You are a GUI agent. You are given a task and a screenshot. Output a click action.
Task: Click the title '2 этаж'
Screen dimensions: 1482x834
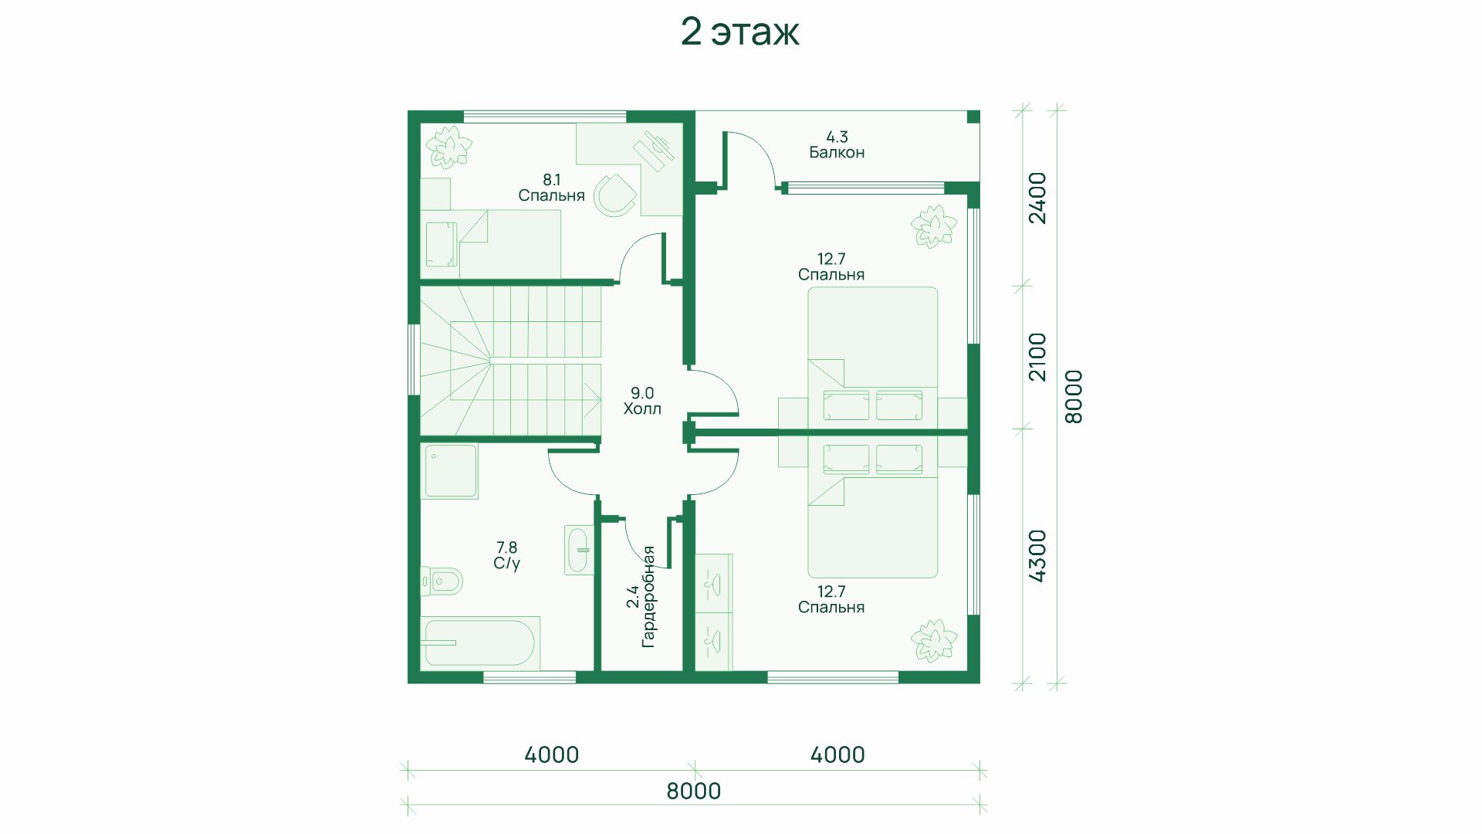point(739,32)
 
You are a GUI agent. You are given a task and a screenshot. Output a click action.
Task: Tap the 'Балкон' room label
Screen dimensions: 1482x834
point(837,152)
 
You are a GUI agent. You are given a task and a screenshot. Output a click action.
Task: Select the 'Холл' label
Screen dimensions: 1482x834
point(642,409)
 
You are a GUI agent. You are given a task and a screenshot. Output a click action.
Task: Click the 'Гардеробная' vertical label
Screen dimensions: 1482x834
point(648,596)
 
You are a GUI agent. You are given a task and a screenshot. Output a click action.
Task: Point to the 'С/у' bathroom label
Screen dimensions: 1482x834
point(506,563)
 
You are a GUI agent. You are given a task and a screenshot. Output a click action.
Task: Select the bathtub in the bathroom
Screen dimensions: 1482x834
point(479,642)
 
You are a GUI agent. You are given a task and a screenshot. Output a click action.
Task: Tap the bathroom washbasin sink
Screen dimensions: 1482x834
point(578,550)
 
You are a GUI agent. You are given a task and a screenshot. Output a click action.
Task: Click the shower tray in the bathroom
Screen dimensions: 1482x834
point(448,470)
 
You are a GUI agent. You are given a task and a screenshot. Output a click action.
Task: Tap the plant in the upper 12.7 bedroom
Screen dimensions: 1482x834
point(933,226)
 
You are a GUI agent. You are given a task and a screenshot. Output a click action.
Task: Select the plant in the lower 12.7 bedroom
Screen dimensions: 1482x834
point(933,640)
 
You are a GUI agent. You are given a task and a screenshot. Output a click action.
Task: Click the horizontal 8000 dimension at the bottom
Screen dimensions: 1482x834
point(694,791)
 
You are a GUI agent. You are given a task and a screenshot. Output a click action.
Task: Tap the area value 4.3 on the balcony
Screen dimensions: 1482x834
point(837,137)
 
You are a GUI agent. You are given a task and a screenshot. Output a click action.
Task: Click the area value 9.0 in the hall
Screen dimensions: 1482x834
point(642,393)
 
